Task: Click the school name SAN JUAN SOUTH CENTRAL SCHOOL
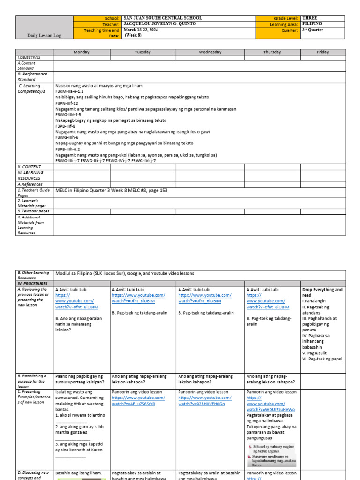coord(163,18)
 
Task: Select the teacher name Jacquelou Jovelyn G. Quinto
coord(159,24)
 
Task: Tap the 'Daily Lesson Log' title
coord(45,35)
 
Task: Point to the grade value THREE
coord(313,18)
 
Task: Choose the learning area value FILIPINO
coord(314,24)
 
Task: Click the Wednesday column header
coord(210,52)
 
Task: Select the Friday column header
coord(322,52)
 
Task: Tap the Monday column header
coord(82,52)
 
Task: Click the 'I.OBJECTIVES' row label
coord(30,57)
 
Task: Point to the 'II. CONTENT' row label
coord(29,167)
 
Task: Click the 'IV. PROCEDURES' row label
coord(32,284)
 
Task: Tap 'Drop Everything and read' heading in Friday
coord(322,292)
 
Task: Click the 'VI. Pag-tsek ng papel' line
coord(322,359)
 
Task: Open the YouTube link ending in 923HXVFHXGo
coord(202,404)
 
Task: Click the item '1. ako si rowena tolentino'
coord(80,415)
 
